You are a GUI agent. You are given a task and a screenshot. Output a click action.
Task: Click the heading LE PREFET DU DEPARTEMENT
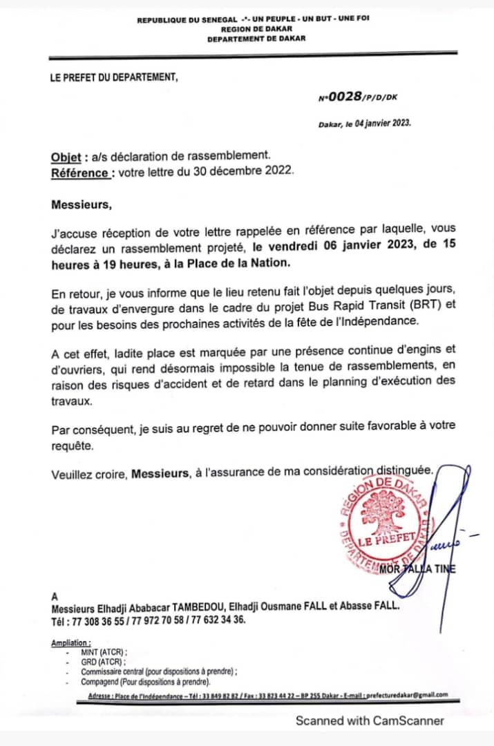point(114,77)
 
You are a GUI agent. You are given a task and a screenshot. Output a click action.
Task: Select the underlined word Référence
point(79,172)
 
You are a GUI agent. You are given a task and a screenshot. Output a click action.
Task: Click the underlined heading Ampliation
point(70,643)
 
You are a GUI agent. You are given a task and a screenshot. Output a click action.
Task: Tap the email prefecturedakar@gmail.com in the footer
point(403,695)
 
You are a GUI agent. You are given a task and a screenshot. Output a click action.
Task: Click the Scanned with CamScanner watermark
point(370,720)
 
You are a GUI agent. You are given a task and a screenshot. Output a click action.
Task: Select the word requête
point(70,446)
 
